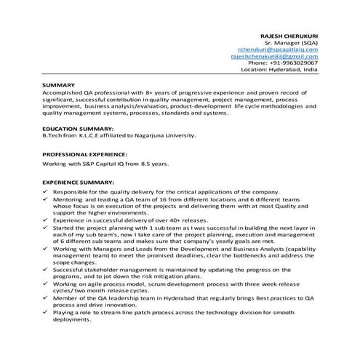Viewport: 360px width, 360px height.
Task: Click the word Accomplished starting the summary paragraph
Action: tap(65, 94)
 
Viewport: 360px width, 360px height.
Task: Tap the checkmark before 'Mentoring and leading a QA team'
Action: tap(47, 199)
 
